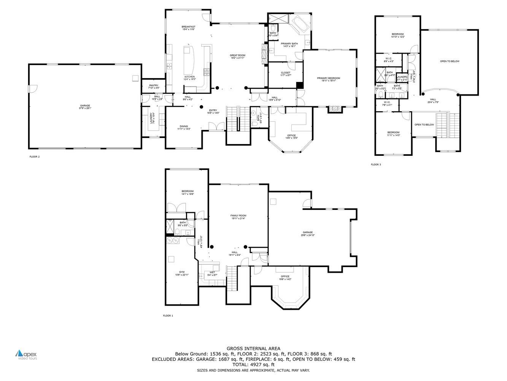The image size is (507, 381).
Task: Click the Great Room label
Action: pos(237,55)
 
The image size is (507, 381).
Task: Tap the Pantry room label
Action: pos(153,85)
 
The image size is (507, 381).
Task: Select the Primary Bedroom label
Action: pos(329,78)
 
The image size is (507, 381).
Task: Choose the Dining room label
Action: pos(184,126)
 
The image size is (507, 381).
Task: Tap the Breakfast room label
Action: pos(188,27)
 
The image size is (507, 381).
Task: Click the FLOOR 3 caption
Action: pos(376,165)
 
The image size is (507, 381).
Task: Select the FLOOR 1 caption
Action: pos(168,315)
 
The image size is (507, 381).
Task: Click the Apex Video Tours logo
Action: pos(26,355)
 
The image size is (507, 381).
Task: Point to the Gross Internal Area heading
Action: pos(253,348)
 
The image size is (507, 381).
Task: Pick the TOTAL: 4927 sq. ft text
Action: pos(253,365)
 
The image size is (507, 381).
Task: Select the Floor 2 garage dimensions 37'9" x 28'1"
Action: pos(85,108)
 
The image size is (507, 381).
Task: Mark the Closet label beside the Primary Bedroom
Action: pos(285,73)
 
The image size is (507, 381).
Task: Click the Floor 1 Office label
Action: pos(285,277)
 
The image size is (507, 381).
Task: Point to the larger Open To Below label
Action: pos(450,61)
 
